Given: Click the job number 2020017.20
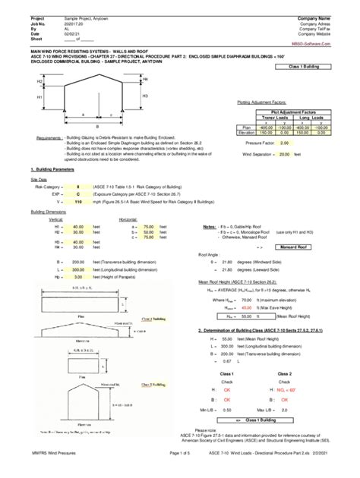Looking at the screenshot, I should pos(74,24).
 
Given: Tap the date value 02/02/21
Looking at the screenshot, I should pos(72,34).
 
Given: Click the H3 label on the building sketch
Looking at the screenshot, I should pos(144,96).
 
